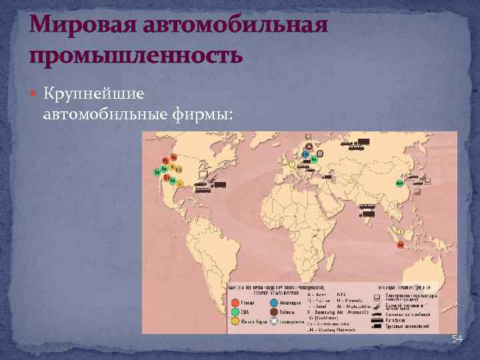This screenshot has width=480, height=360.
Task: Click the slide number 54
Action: (x=457, y=339)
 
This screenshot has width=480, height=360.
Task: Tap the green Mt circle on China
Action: (x=399, y=183)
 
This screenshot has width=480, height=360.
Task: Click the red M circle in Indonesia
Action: (x=401, y=245)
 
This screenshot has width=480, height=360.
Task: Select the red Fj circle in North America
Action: (x=165, y=161)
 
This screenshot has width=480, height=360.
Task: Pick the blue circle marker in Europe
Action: (x=305, y=155)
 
